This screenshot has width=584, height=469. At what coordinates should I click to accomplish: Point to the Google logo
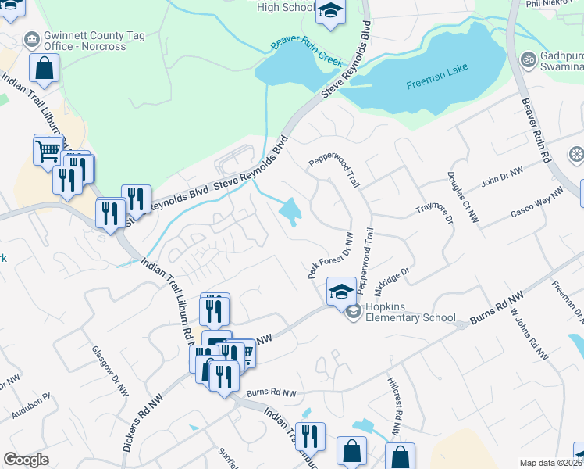pos(26,460)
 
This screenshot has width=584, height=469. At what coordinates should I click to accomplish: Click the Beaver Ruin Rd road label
pos(536,131)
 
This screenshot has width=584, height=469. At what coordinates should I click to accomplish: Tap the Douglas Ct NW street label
pos(462,197)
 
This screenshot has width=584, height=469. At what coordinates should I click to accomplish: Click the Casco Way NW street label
pos(536,202)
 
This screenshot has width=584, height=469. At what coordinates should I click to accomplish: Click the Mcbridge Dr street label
pos(392,281)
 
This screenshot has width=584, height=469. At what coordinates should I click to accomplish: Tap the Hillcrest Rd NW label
pos(394,406)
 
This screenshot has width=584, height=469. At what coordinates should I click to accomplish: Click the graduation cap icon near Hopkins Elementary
pos(340,292)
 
